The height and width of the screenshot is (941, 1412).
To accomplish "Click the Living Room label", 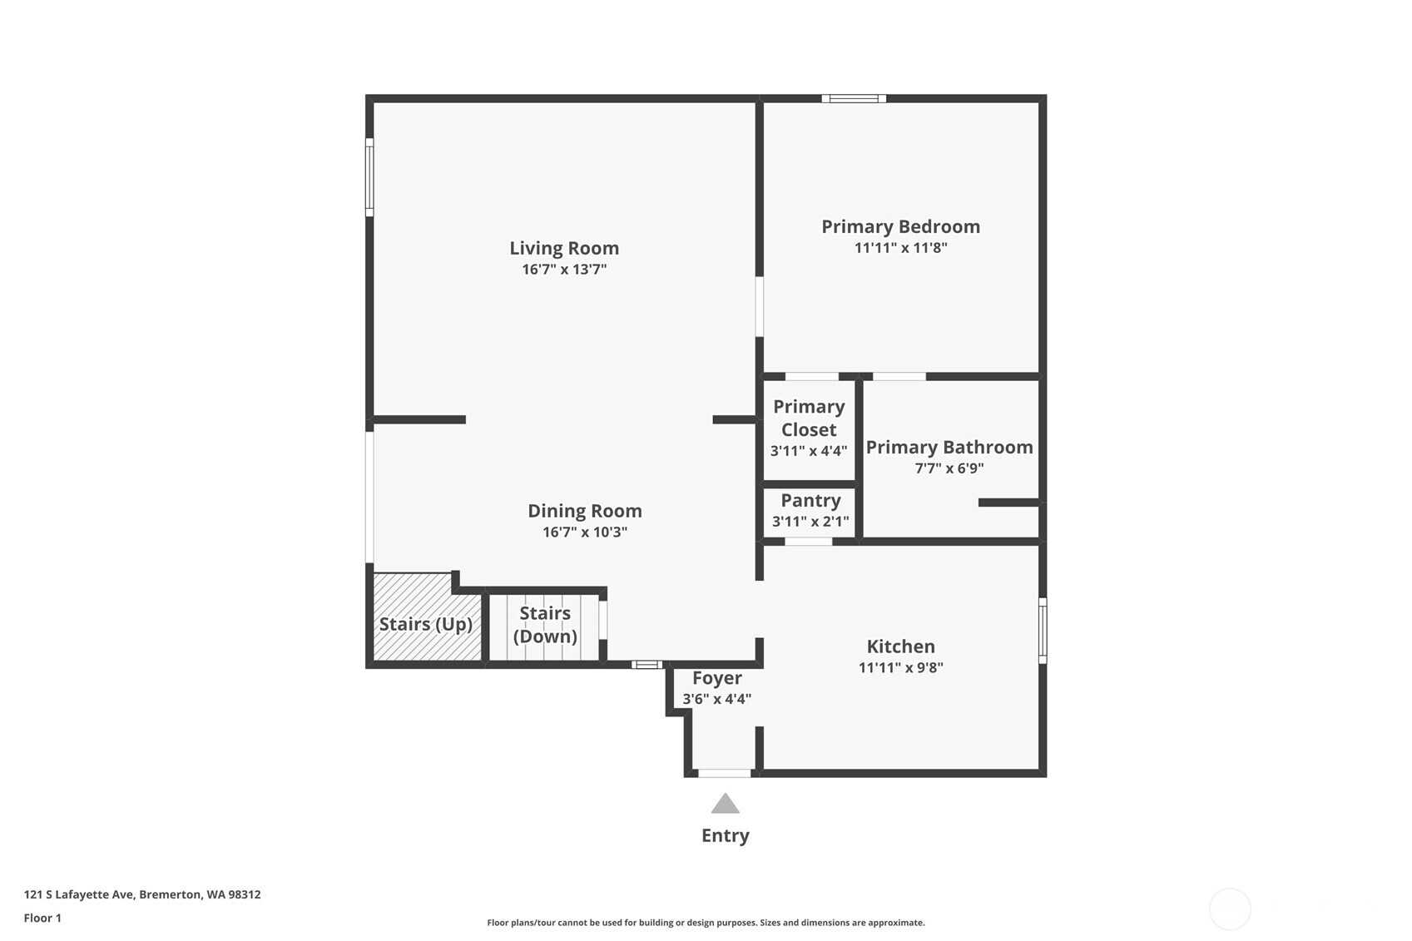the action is (564, 248).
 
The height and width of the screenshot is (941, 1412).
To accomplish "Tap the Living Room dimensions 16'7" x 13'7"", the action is (564, 269).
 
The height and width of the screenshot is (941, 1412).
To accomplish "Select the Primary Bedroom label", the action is (901, 227).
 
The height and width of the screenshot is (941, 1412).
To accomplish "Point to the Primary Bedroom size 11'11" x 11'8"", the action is (901, 248).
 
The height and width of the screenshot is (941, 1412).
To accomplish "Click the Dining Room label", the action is (585, 511).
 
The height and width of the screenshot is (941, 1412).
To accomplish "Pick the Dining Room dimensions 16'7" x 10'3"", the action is (585, 532).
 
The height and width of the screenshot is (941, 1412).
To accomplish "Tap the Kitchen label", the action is (901, 646).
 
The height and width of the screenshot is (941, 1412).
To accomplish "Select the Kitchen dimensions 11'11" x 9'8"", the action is (901, 667).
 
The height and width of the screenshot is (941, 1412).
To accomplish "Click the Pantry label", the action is (810, 500).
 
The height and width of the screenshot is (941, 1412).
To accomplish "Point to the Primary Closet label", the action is (809, 418).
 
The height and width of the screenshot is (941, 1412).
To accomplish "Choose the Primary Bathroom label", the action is (949, 448).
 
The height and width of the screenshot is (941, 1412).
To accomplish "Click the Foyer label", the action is (716, 678).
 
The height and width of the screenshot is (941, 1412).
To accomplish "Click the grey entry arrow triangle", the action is (726, 804).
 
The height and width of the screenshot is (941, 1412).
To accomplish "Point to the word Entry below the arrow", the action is (726, 835).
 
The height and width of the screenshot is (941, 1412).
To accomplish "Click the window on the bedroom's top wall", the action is (855, 98).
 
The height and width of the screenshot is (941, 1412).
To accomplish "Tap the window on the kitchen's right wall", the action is (1043, 631).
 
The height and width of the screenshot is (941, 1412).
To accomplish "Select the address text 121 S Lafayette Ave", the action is (79, 894).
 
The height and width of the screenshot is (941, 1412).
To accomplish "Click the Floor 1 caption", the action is (43, 919).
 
